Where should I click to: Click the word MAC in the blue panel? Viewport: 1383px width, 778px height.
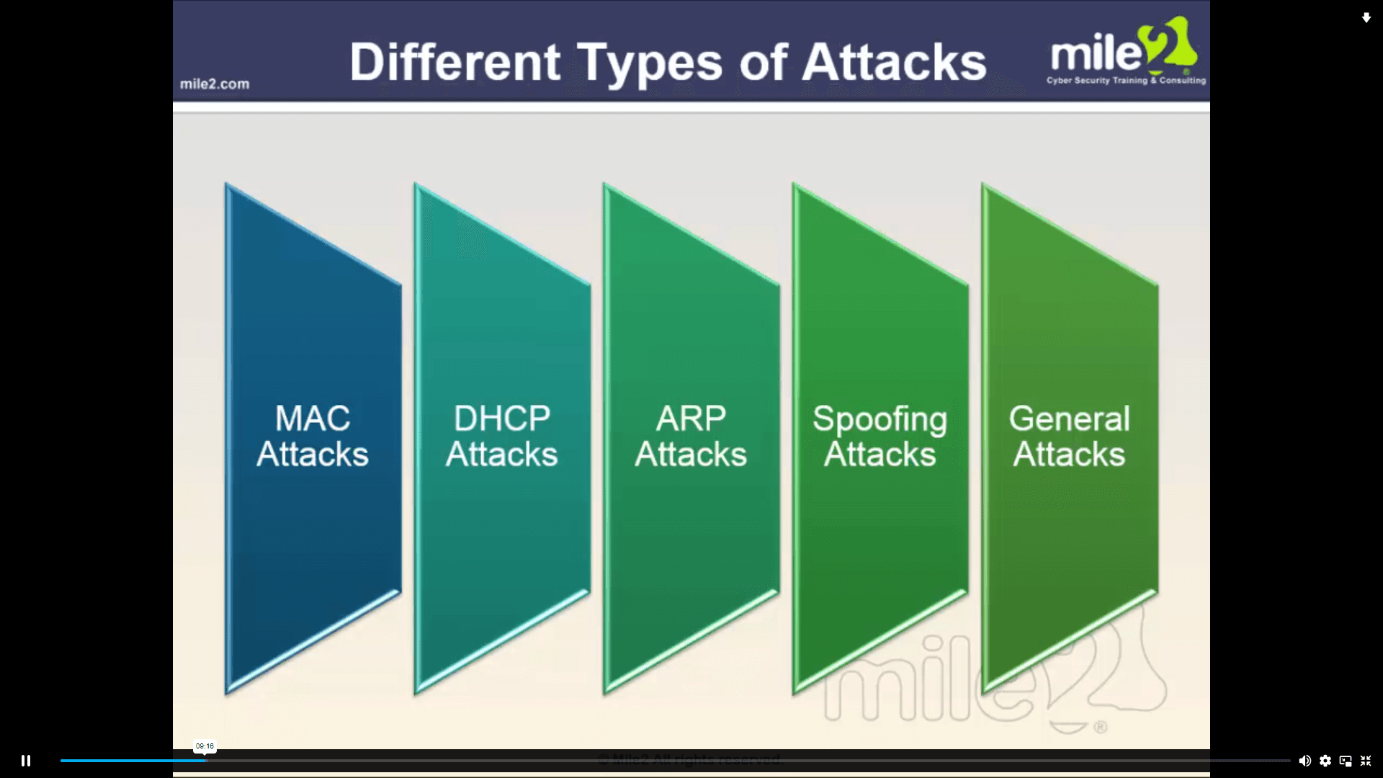tap(313, 419)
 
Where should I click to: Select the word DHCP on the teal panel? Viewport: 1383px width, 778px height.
tap(502, 419)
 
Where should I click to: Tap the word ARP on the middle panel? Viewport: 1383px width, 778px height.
tap(691, 419)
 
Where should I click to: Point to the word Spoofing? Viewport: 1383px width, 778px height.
tap(880, 420)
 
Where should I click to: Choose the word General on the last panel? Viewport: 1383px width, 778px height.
tap(1069, 419)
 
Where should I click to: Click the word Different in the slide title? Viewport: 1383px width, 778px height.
tap(455, 62)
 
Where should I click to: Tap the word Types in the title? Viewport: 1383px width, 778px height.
tap(649, 63)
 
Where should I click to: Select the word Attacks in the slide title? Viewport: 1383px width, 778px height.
tap(893, 62)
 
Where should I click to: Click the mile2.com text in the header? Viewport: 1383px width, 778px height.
tap(215, 84)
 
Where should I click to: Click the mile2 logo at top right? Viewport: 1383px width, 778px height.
tap(1124, 48)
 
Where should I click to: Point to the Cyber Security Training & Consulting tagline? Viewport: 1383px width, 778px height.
tap(1126, 81)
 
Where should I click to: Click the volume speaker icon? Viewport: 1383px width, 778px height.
tap(1304, 761)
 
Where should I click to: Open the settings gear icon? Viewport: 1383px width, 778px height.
tap(1325, 761)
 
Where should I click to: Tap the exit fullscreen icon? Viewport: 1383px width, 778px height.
tap(1365, 761)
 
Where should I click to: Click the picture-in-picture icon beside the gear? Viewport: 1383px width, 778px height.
tap(1346, 761)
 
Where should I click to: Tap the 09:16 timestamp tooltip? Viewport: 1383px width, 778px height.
tap(205, 746)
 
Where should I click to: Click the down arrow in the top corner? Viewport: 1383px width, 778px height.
tap(1366, 18)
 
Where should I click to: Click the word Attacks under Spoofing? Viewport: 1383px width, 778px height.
tap(880, 455)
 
